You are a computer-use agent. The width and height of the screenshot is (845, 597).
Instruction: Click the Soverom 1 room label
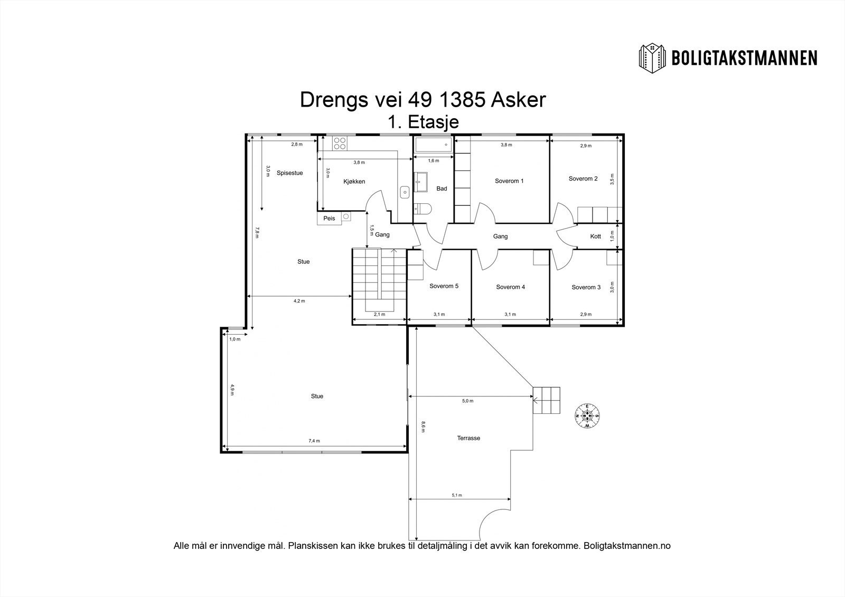pyautogui.click(x=509, y=181)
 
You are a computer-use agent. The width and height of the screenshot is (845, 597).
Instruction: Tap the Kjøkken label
pyautogui.click(x=354, y=182)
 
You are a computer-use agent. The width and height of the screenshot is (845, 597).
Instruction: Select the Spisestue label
pyautogui.click(x=290, y=173)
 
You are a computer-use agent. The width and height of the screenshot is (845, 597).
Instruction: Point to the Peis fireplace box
pyautogui.click(x=330, y=219)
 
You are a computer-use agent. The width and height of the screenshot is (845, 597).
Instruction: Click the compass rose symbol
pyautogui.click(x=587, y=416)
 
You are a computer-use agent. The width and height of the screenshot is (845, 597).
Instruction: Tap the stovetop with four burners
pyautogui.click(x=340, y=143)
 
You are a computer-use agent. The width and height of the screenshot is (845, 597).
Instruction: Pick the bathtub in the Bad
pyautogui.click(x=433, y=145)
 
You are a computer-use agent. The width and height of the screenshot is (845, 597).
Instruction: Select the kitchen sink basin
pyautogui.click(x=405, y=192)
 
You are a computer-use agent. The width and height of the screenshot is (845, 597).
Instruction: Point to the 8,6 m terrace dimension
pyautogui.click(x=423, y=427)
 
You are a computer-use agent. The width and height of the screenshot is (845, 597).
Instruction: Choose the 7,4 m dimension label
pyautogui.click(x=314, y=440)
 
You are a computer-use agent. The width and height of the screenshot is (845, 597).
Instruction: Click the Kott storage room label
pyautogui.click(x=596, y=236)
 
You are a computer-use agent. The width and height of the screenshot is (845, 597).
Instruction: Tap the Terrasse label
pyautogui.click(x=468, y=438)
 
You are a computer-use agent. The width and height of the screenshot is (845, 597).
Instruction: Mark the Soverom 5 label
pyautogui.click(x=444, y=286)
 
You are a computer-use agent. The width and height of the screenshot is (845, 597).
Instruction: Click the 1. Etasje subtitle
pyautogui.click(x=424, y=122)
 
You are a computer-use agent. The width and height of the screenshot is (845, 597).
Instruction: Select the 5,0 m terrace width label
pyautogui.click(x=468, y=401)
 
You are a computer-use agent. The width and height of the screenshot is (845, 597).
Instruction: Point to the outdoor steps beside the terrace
pyautogui.click(x=546, y=400)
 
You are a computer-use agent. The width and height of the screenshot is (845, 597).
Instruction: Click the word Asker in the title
pyautogui.click(x=518, y=100)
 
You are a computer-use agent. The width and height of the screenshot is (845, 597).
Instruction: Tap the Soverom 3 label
pyautogui.click(x=586, y=287)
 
